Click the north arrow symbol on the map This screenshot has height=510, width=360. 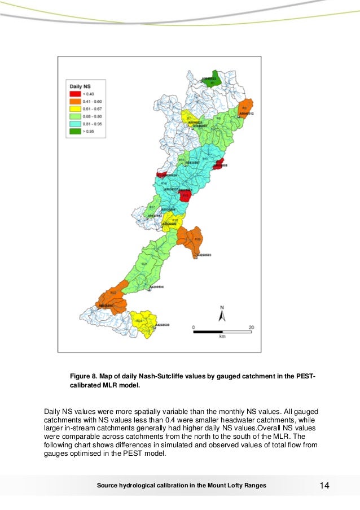222,314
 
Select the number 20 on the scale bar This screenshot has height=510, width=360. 251,327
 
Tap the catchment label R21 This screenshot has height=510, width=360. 144,264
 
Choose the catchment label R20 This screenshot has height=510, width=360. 197,239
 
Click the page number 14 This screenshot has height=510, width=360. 324,486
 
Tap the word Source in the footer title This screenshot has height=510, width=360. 108,486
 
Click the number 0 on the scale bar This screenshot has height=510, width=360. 194,327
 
